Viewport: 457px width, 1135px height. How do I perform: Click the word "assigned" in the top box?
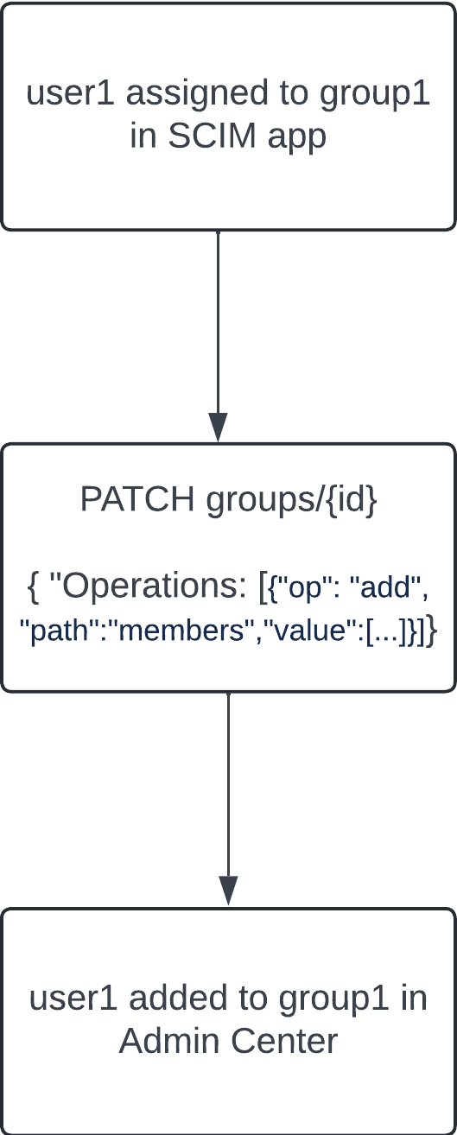(197, 95)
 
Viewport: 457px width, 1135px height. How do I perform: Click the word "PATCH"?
(136, 499)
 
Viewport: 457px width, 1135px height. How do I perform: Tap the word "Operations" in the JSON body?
(149, 587)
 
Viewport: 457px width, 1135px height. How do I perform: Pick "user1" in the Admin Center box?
(74, 999)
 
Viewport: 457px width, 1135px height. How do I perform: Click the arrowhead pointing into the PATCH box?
(218, 428)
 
